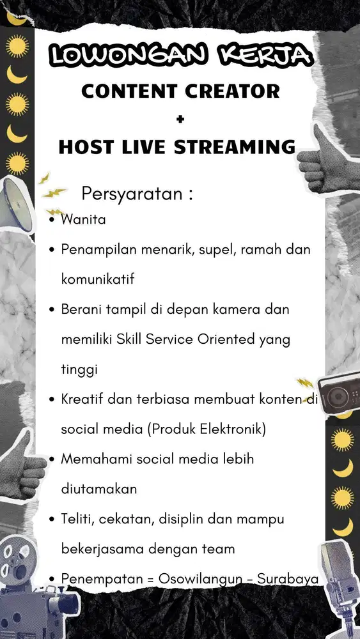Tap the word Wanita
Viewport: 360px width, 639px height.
(83, 220)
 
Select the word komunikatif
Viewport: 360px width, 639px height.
(98, 279)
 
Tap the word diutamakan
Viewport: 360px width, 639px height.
(99, 489)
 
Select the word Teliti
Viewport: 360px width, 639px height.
(77, 519)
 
